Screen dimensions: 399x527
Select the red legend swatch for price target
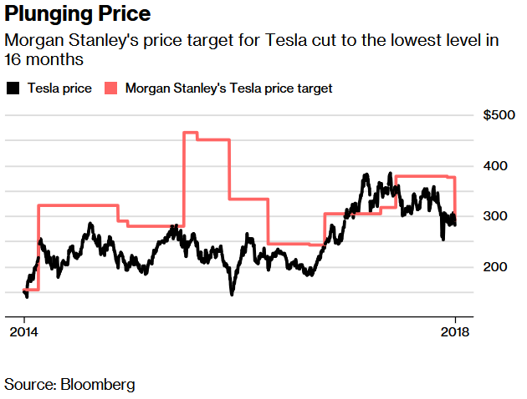111,88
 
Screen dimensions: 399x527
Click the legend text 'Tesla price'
59,88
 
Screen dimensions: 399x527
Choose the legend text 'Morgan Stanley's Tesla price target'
228,88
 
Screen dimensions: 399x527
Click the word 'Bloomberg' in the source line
96,384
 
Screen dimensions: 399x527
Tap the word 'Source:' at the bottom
29,384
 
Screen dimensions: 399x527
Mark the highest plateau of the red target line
190,133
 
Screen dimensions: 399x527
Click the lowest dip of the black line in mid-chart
232,293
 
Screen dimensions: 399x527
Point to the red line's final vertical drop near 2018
455,196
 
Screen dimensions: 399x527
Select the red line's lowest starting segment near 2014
32,290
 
